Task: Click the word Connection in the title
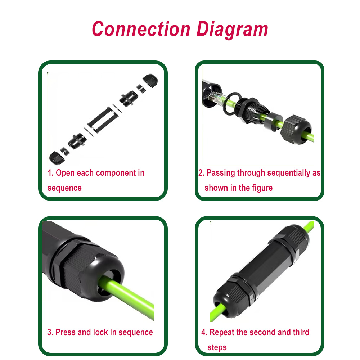coord(141,29)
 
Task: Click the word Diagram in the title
coord(232,30)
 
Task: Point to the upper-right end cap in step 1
coord(150,80)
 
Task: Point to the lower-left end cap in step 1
coord(57,158)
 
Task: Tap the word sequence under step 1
coord(64,188)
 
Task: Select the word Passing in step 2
coord(221,173)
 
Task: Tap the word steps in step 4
coord(217,348)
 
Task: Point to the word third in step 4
coord(301,332)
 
